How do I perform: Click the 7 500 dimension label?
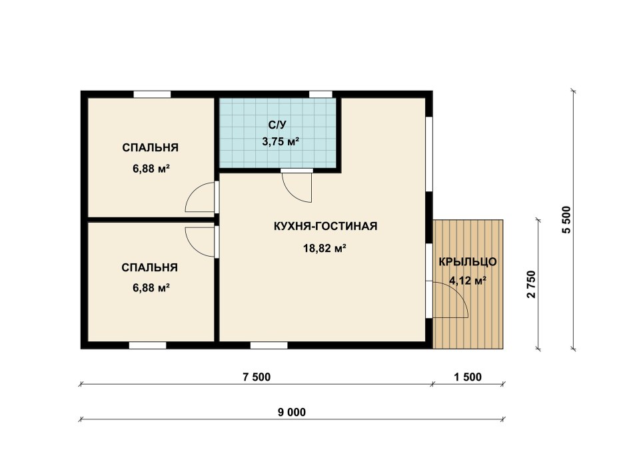coord(257,377)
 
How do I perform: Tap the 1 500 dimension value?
coord(468,377)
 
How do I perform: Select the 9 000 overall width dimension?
coord(292,412)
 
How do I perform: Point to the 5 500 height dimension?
coord(566,219)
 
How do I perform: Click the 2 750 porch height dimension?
coord(531,284)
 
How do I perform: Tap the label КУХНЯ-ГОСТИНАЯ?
coord(325,226)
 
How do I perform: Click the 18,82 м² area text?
coord(324,248)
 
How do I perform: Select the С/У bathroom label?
coord(277,125)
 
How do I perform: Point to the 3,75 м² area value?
coord(281,141)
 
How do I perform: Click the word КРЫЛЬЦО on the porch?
coord(468,262)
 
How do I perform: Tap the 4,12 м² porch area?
coord(468,281)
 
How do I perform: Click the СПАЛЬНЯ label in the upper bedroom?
coord(151,147)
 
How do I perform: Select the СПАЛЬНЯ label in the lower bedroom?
coord(149,267)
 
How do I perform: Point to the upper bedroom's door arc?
coord(192,191)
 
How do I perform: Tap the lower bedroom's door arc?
coord(192,249)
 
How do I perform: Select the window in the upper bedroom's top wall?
coord(152,95)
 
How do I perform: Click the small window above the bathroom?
coord(320,95)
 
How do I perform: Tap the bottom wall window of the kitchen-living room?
coord(269,345)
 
